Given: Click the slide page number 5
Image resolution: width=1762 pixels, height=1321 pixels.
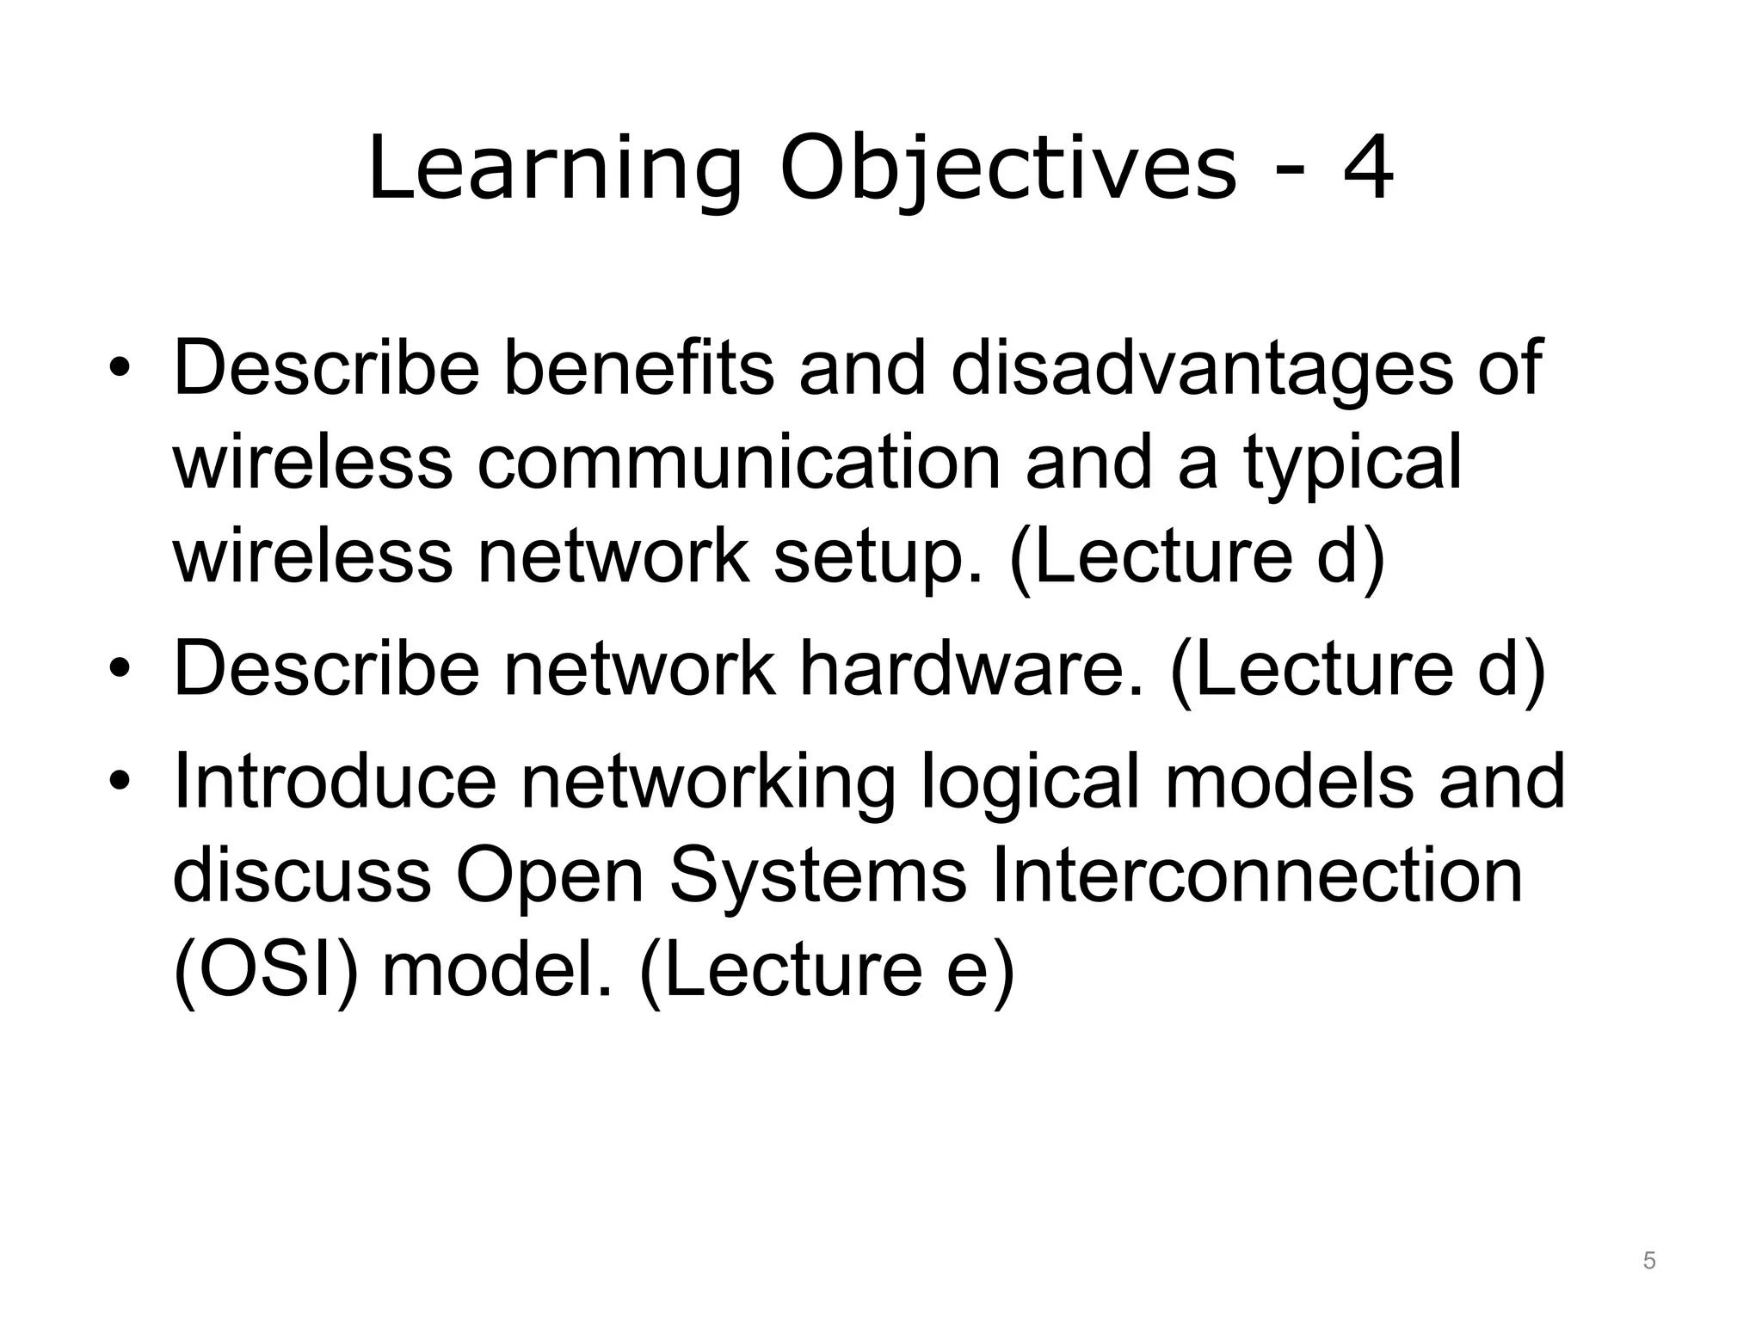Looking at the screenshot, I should [x=1649, y=1262].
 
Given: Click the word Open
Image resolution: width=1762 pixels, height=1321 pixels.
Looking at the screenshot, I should [x=550, y=877].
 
